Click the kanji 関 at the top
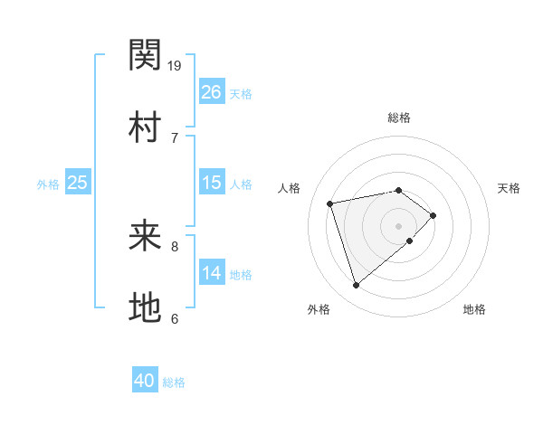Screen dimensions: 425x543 [146, 56]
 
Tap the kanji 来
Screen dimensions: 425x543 [146, 237]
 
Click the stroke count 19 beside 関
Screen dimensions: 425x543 [176, 65]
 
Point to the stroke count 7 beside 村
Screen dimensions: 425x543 [175, 137]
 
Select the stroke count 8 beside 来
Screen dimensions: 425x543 [175, 246]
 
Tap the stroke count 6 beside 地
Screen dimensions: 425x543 [175, 318]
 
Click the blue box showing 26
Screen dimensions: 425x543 [211, 92]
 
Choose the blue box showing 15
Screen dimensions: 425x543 [211, 183]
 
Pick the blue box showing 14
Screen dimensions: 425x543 [211, 273]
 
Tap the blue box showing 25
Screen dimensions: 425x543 [78, 183]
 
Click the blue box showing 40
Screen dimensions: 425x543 [145, 381]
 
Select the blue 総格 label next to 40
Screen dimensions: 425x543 [174, 382]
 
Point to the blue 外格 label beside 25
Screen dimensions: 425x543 [48, 184]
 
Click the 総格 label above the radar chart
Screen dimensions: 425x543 [398, 118]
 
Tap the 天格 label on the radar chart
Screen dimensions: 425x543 [509, 188]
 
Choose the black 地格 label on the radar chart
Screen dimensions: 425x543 [474, 309]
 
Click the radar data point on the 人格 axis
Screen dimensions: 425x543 [331, 203]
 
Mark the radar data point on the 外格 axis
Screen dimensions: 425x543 [357, 285]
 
